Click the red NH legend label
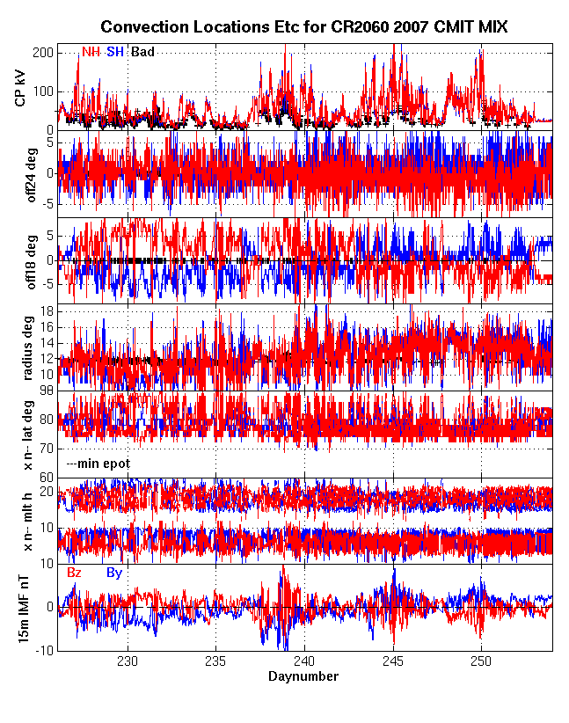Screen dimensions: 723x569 tap(91, 52)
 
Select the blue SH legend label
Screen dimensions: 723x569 tap(115, 52)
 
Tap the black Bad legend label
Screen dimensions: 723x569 tap(142, 52)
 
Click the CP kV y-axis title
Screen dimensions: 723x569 tap(23, 88)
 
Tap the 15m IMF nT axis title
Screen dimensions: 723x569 tap(25, 607)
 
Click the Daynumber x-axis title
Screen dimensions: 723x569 tap(303, 676)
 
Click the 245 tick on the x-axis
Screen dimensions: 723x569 tap(393, 661)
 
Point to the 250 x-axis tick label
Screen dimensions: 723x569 tap(481, 661)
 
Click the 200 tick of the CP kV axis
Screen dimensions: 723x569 tap(43, 52)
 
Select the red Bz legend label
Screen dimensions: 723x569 tap(75, 573)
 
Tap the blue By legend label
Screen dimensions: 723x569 tap(114, 573)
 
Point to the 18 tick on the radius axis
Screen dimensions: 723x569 tap(47, 311)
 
